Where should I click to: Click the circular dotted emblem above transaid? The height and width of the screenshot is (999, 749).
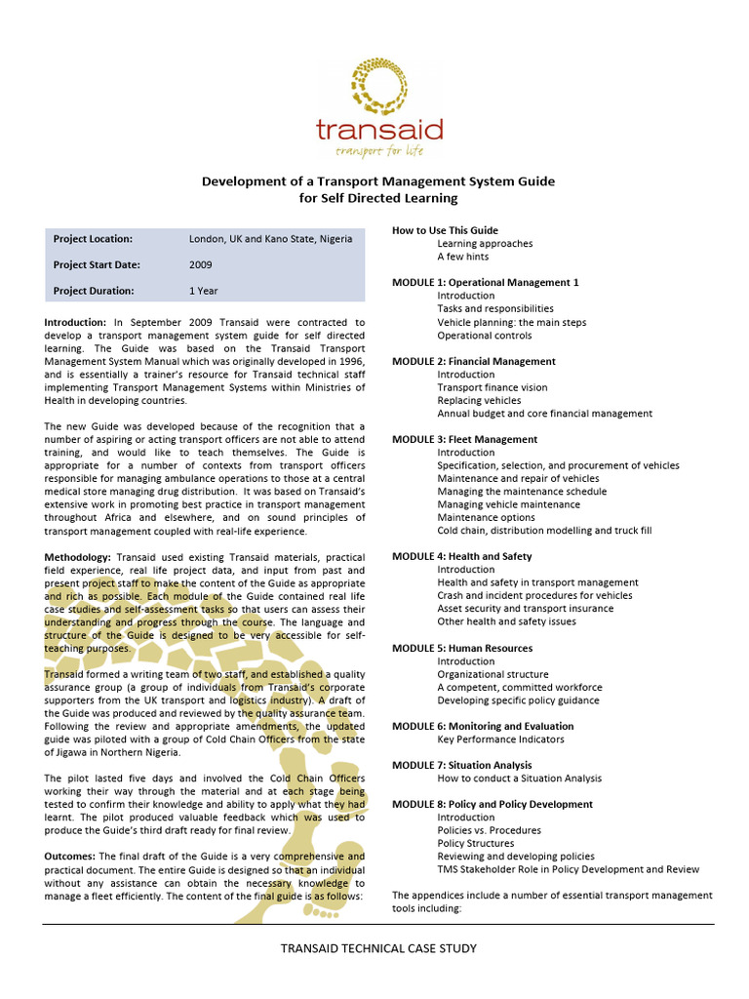pos(378,86)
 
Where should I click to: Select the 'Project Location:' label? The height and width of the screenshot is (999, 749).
pos(94,239)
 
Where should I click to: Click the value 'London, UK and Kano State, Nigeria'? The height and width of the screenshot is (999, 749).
pos(270,239)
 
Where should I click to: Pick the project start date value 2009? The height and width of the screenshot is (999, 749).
pos(200,264)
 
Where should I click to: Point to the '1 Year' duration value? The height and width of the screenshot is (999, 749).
pos(204,291)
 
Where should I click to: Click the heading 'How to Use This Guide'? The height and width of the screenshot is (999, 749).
pos(445,230)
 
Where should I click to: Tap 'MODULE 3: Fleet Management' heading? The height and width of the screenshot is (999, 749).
pos(464,439)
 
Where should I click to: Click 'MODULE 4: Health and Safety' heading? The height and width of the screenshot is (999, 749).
pos(462,556)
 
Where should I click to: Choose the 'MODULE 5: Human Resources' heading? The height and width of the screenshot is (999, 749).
pos(462,648)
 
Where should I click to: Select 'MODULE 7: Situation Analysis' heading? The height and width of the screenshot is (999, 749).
pos(462,765)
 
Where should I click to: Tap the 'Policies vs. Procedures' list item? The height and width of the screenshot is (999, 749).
pos(490,830)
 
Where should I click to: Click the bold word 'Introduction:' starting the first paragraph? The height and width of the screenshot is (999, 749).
pos(76,322)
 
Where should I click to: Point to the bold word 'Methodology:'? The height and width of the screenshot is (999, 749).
pos(79,556)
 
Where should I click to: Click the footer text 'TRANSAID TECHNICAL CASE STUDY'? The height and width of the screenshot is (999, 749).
pos(378,947)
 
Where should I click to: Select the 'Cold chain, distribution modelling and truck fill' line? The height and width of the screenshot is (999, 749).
pos(544,531)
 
